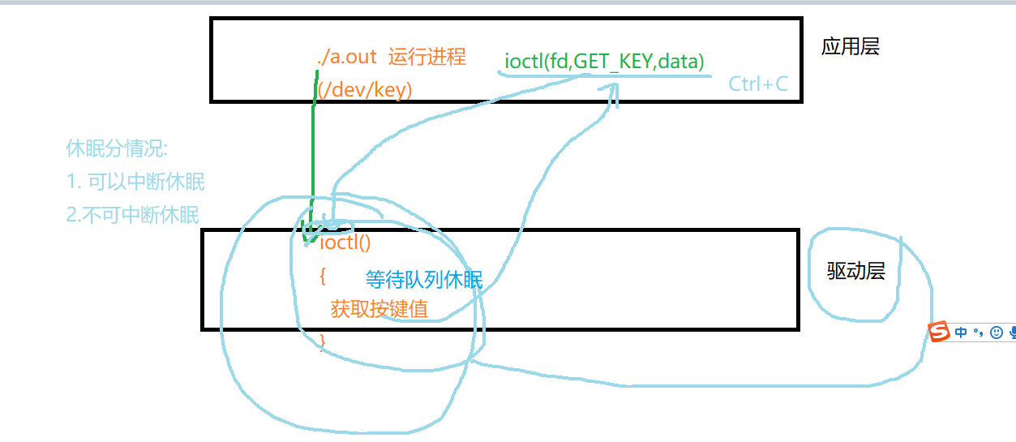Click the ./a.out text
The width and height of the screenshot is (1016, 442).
pyautogui.click(x=347, y=58)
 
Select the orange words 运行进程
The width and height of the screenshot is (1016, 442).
pyautogui.click(x=427, y=58)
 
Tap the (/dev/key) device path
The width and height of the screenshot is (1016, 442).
pyautogui.click(x=365, y=90)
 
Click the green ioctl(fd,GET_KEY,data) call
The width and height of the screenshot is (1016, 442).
pyautogui.click(x=604, y=61)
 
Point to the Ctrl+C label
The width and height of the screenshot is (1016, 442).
pyautogui.click(x=757, y=84)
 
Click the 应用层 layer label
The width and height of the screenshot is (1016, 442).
pyautogui.click(x=850, y=46)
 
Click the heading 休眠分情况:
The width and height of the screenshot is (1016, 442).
pyautogui.click(x=117, y=149)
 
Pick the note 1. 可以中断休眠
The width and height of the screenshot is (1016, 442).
pyautogui.click(x=135, y=182)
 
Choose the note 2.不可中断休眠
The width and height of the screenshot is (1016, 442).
pyautogui.click(x=132, y=215)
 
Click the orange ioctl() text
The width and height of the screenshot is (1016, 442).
pyautogui.click(x=345, y=242)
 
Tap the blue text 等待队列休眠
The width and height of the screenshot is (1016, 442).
pyautogui.click(x=424, y=281)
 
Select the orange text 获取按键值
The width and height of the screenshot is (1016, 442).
pyautogui.click(x=379, y=309)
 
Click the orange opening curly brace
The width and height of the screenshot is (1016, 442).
pyautogui.click(x=323, y=277)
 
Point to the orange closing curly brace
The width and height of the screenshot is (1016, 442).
pyautogui.click(x=323, y=341)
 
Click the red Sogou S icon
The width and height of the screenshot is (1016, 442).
pyautogui.click(x=940, y=332)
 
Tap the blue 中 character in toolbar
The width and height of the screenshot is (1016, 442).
pyautogui.click(x=961, y=333)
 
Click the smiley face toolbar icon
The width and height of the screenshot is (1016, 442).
pyautogui.click(x=997, y=333)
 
